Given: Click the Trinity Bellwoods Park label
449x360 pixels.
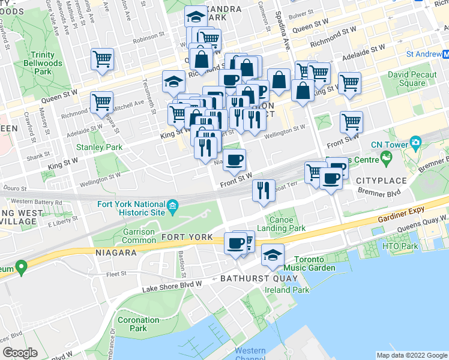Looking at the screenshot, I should (40, 62).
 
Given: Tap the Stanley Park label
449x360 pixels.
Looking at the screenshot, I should (98, 147).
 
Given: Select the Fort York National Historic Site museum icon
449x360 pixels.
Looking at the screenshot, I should (173, 207).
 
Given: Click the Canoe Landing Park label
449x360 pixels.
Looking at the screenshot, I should (281, 224).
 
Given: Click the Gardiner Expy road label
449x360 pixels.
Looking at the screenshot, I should (401, 211).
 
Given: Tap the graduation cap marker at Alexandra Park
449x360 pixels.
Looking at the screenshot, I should (195, 16).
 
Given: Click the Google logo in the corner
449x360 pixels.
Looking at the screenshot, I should (20, 352).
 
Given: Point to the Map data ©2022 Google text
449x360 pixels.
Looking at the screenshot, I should (412, 355).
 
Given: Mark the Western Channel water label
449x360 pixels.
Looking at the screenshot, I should (250, 354).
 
